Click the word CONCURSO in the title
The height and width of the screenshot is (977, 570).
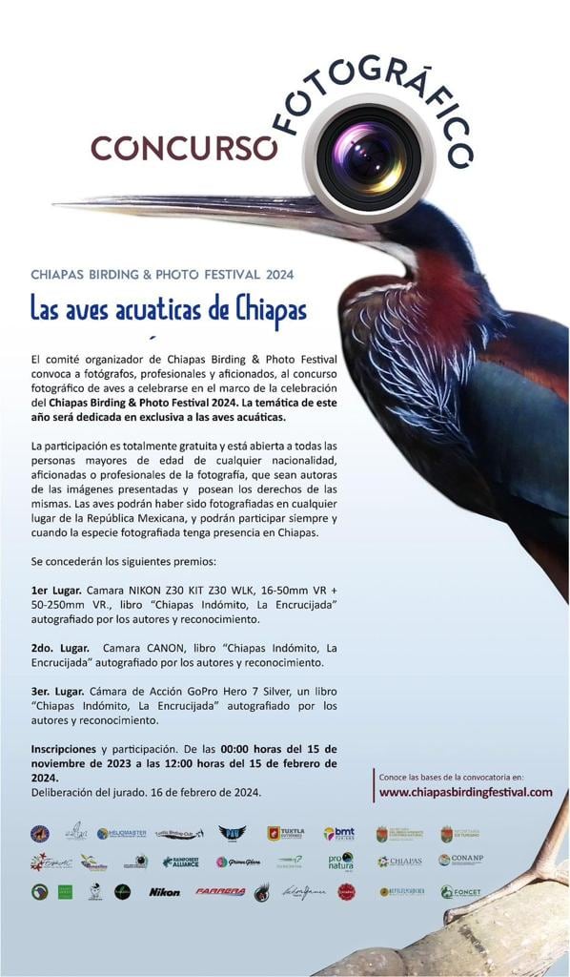[183, 147]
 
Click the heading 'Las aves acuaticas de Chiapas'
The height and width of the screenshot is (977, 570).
[168, 310]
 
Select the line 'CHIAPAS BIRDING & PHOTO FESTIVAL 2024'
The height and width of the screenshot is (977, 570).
[162, 274]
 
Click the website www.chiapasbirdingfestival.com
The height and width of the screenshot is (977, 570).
[465, 792]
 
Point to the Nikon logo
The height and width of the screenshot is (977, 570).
[165, 892]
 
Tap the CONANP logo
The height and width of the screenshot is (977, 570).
[460, 860]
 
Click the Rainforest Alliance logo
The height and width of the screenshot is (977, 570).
[181, 861]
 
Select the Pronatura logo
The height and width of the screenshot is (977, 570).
[340, 861]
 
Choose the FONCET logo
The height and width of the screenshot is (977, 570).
[460, 892]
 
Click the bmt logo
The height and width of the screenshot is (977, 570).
[338, 833]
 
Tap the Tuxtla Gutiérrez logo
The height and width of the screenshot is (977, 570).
[286, 833]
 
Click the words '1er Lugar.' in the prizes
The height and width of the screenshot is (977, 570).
[61, 592]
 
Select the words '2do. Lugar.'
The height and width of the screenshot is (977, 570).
[62, 648]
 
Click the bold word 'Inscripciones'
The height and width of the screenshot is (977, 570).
[63, 748]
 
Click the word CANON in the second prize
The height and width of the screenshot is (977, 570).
[169, 648]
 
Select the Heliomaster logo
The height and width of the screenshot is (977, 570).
[122, 833]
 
